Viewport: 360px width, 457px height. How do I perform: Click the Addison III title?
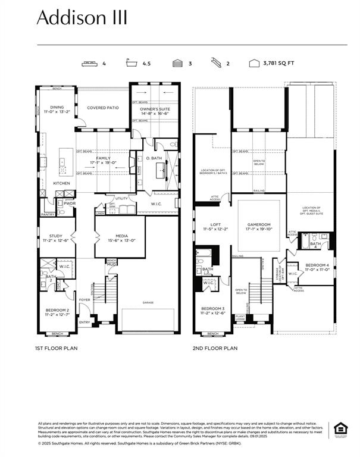pos(82,18)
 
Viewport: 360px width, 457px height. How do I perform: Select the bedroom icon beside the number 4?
pos(90,62)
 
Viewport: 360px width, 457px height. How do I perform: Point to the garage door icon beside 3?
pos(177,62)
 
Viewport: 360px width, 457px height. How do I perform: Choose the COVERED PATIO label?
pos(103,108)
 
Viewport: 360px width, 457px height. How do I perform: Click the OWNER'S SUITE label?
pos(154,109)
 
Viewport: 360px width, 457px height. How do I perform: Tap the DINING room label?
pos(57,108)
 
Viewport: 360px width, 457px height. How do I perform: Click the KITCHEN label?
pos(61,183)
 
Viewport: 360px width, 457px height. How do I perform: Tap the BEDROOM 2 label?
pos(57,310)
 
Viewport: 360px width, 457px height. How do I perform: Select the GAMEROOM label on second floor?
pos(259,225)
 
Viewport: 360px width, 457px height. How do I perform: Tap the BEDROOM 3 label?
pos(212,308)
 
